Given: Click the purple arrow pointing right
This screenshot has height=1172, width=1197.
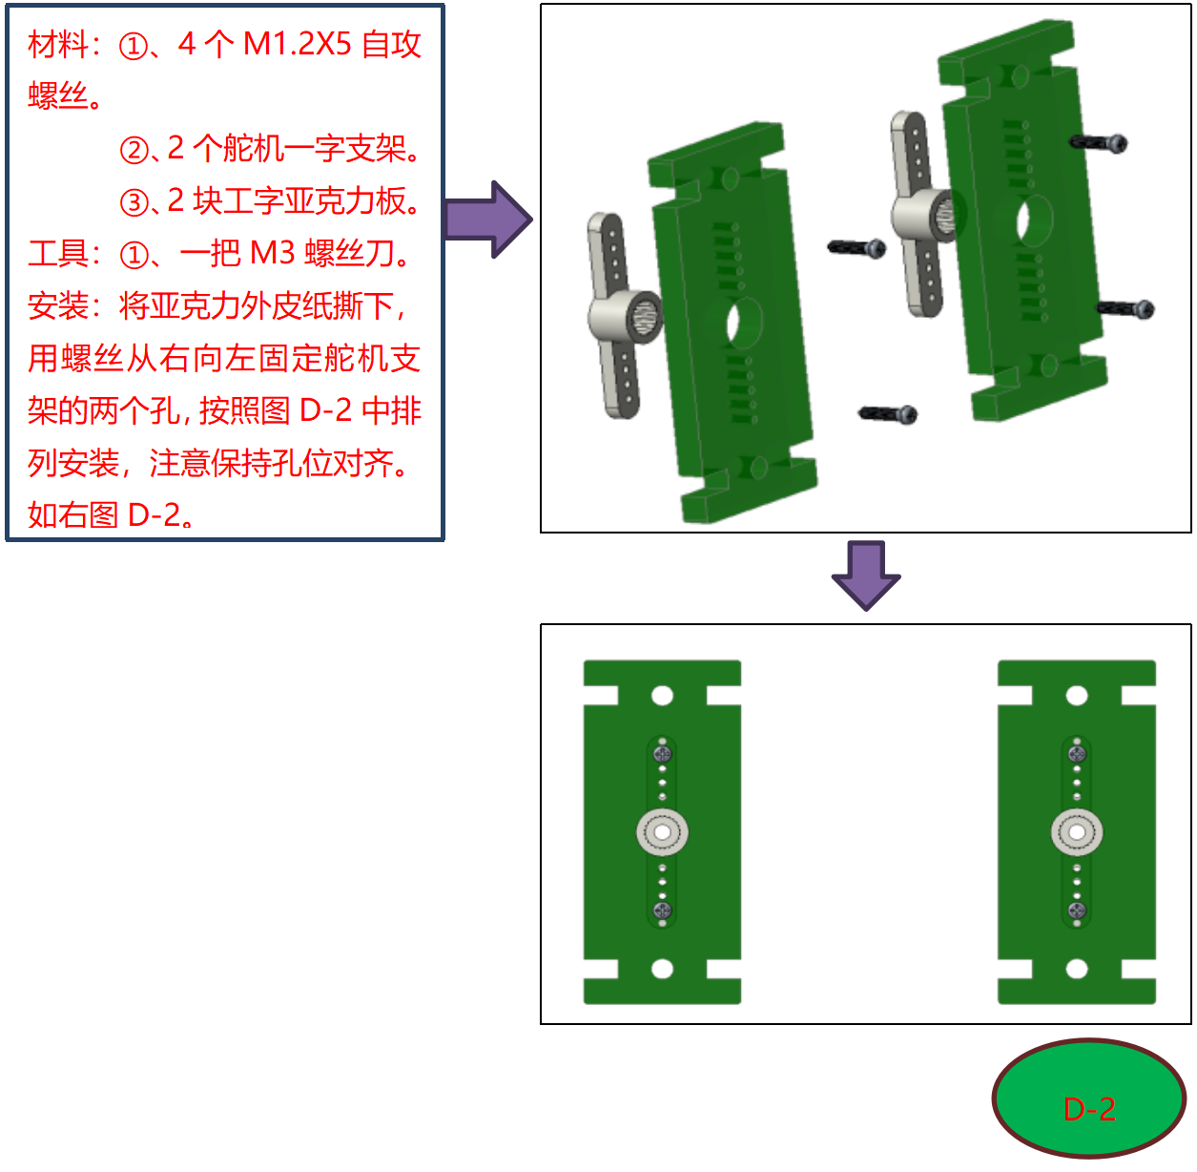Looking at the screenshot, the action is [x=487, y=220].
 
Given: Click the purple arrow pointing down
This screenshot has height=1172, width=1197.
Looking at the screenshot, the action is [x=865, y=575].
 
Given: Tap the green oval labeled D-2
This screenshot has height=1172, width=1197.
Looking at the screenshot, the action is [x=1088, y=1099].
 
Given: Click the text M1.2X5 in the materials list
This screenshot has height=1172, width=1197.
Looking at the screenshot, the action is [x=297, y=44].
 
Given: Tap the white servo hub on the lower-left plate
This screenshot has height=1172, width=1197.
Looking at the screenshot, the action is [x=662, y=832].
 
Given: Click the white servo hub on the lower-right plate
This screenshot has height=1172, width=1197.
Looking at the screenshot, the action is [x=1077, y=832].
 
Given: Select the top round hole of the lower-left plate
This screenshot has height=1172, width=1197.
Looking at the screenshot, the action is [x=662, y=696].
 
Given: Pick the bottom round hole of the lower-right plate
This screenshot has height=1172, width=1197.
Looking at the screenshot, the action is [x=1077, y=969].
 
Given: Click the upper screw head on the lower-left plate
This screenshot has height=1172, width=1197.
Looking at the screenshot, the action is [x=662, y=754].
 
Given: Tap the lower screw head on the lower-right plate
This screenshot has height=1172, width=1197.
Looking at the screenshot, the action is [x=1077, y=910].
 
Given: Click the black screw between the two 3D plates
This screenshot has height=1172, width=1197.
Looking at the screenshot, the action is [x=856, y=248].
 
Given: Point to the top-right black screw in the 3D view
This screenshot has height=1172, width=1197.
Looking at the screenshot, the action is [x=1099, y=143].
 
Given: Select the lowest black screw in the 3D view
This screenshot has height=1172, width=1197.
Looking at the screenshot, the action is [x=888, y=413].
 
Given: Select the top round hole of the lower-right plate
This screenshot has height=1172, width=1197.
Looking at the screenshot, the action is [x=1077, y=696].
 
